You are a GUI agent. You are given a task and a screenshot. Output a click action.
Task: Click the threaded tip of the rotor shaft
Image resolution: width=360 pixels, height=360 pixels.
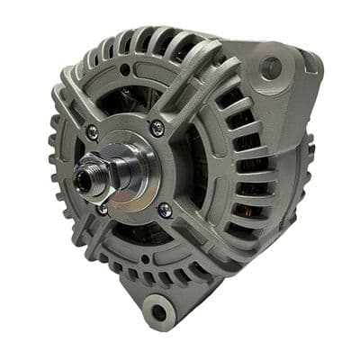pos(82,180)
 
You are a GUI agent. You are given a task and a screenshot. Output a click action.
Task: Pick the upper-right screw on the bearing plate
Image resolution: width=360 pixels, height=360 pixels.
pos(157,128)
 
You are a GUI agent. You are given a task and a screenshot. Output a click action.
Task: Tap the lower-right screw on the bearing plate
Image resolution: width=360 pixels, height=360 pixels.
pos(165,210)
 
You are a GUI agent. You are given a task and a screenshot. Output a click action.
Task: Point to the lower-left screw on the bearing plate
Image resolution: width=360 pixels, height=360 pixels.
pos(103,209)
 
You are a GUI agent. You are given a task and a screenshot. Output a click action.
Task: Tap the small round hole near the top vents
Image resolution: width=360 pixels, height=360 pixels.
pos(123,69)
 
